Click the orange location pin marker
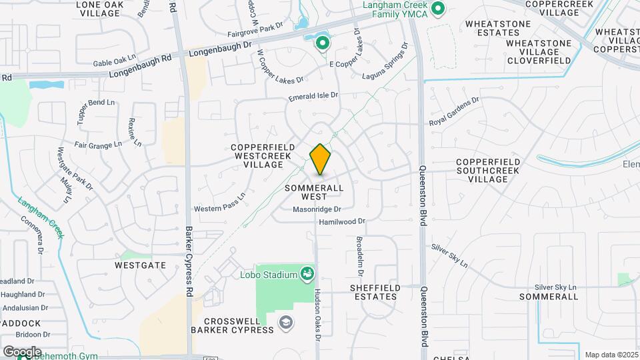(321, 159)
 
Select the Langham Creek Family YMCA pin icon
(438, 9)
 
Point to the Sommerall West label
(314, 192)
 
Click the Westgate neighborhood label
(140, 265)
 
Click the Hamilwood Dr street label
(343, 221)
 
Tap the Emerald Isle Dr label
(313, 97)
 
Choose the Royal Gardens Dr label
(454, 111)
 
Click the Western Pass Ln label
(220, 203)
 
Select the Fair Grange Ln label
(98, 144)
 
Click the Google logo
(21, 351)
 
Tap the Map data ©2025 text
(612, 355)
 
